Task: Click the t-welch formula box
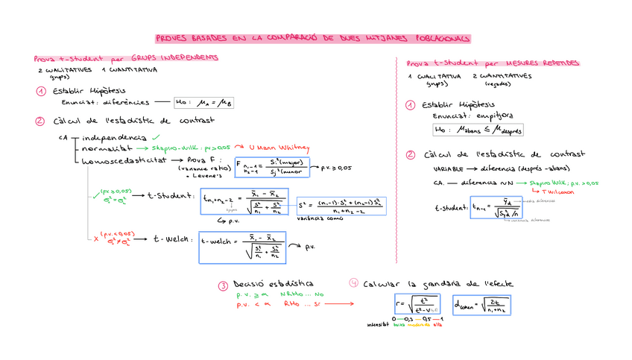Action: (x=242, y=247)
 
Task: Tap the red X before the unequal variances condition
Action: (x=97, y=238)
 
